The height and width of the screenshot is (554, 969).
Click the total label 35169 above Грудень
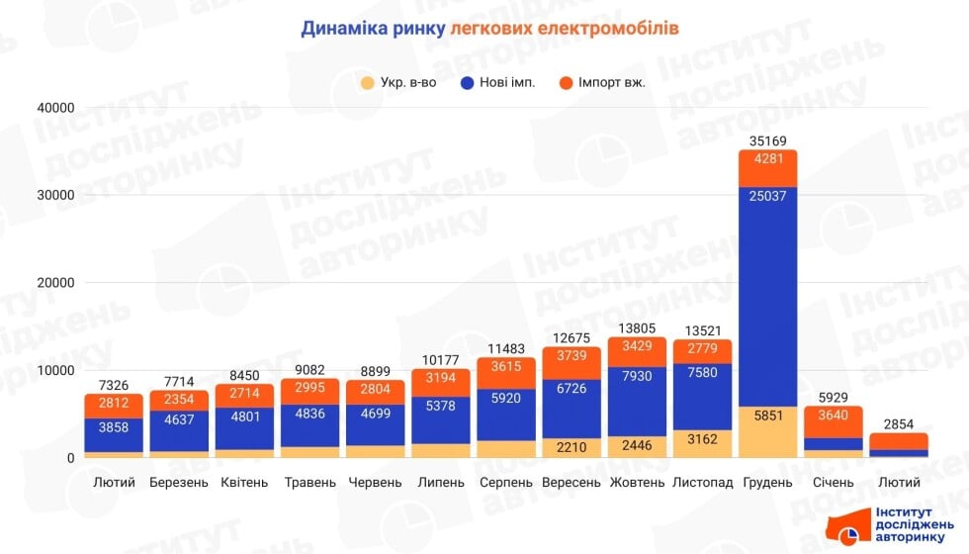tap(767, 140)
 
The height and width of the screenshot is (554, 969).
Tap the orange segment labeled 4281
tap(767, 159)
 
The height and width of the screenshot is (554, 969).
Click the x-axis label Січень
tap(833, 483)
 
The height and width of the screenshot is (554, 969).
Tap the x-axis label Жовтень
tap(637, 483)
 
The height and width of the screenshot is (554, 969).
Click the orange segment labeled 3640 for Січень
tap(833, 415)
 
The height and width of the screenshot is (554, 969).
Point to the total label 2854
tap(898, 423)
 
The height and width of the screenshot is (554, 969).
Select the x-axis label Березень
tap(179, 483)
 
